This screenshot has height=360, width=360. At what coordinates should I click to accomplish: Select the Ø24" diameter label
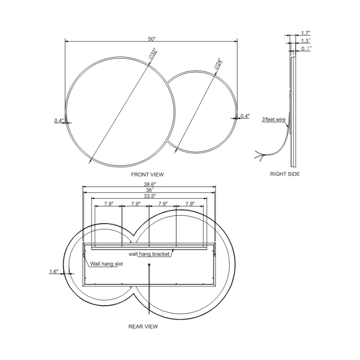(218, 64)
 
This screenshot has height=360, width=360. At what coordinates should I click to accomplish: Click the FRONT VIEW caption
(147, 174)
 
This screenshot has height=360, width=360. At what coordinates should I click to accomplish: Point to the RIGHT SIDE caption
(284, 174)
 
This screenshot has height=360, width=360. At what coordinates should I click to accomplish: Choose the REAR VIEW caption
(143, 326)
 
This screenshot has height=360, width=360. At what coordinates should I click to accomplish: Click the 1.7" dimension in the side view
(306, 33)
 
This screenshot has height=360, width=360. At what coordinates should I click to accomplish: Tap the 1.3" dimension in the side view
(306, 40)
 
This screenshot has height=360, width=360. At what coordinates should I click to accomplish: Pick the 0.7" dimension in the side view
(306, 48)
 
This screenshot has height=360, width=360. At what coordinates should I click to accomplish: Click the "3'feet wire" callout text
(274, 120)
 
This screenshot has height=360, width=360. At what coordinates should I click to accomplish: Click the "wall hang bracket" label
(149, 254)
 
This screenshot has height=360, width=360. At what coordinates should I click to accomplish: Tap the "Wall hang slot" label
(107, 264)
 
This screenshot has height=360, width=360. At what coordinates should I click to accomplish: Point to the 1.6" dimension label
(54, 271)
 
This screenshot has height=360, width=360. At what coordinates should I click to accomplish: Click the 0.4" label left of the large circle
(59, 120)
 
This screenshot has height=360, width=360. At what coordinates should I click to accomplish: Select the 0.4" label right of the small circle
(245, 116)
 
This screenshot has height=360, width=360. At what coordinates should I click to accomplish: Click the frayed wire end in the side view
(258, 154)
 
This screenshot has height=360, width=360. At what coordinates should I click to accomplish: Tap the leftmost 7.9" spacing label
(108, 204)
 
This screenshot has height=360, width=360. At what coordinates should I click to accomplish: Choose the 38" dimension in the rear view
(150, 190)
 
